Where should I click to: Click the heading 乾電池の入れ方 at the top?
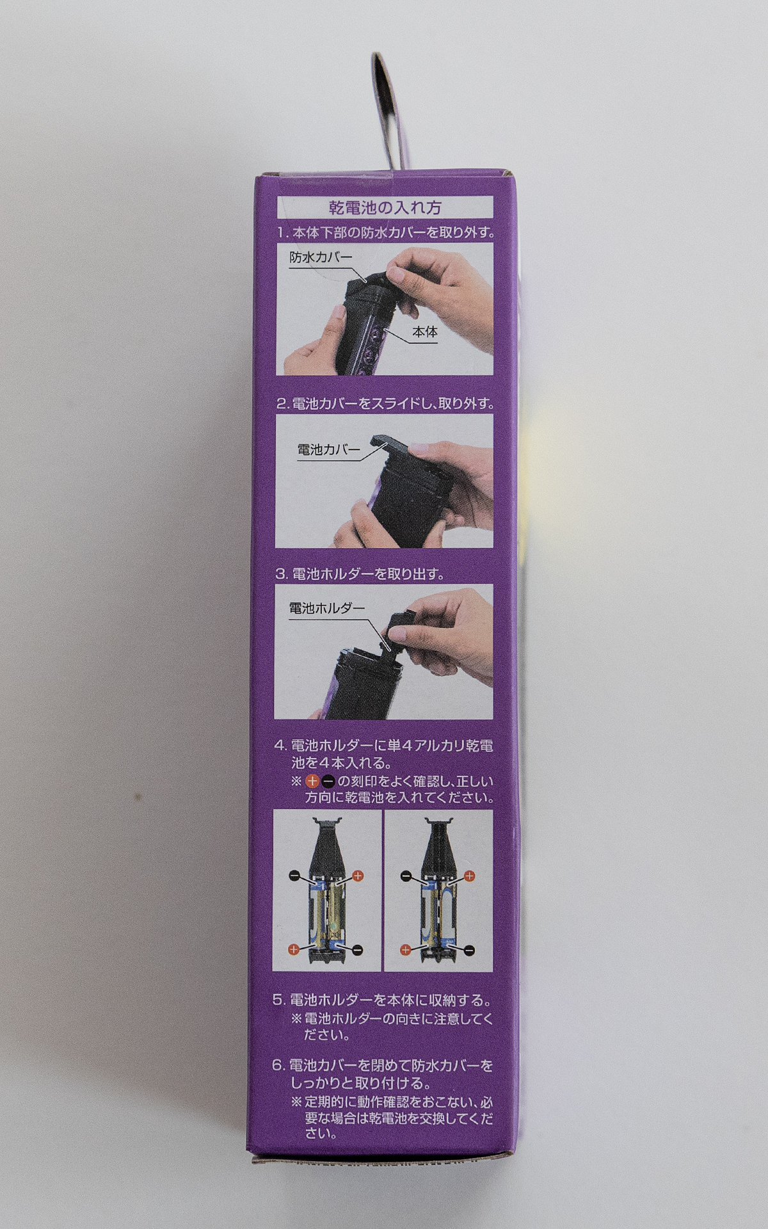[385, 207]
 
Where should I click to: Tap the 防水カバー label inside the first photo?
[321, 257]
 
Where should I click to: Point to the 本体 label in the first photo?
[425, 332]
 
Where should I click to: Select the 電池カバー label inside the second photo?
[328, 449]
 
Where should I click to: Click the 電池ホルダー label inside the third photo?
[326, 608]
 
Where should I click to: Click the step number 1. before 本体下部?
[283, 232]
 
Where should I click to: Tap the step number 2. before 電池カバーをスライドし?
[282, 404]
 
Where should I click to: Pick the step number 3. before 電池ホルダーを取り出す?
[282, 574]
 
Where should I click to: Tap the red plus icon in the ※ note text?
[312, 781]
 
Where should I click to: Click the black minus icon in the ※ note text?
[328, 781]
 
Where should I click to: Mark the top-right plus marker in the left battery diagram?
[358, 875]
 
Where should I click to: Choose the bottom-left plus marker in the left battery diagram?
[293, 949]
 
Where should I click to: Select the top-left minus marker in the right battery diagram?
[405, 875]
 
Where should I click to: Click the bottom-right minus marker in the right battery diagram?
[469, 950]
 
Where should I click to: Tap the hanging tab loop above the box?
[386, 109]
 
